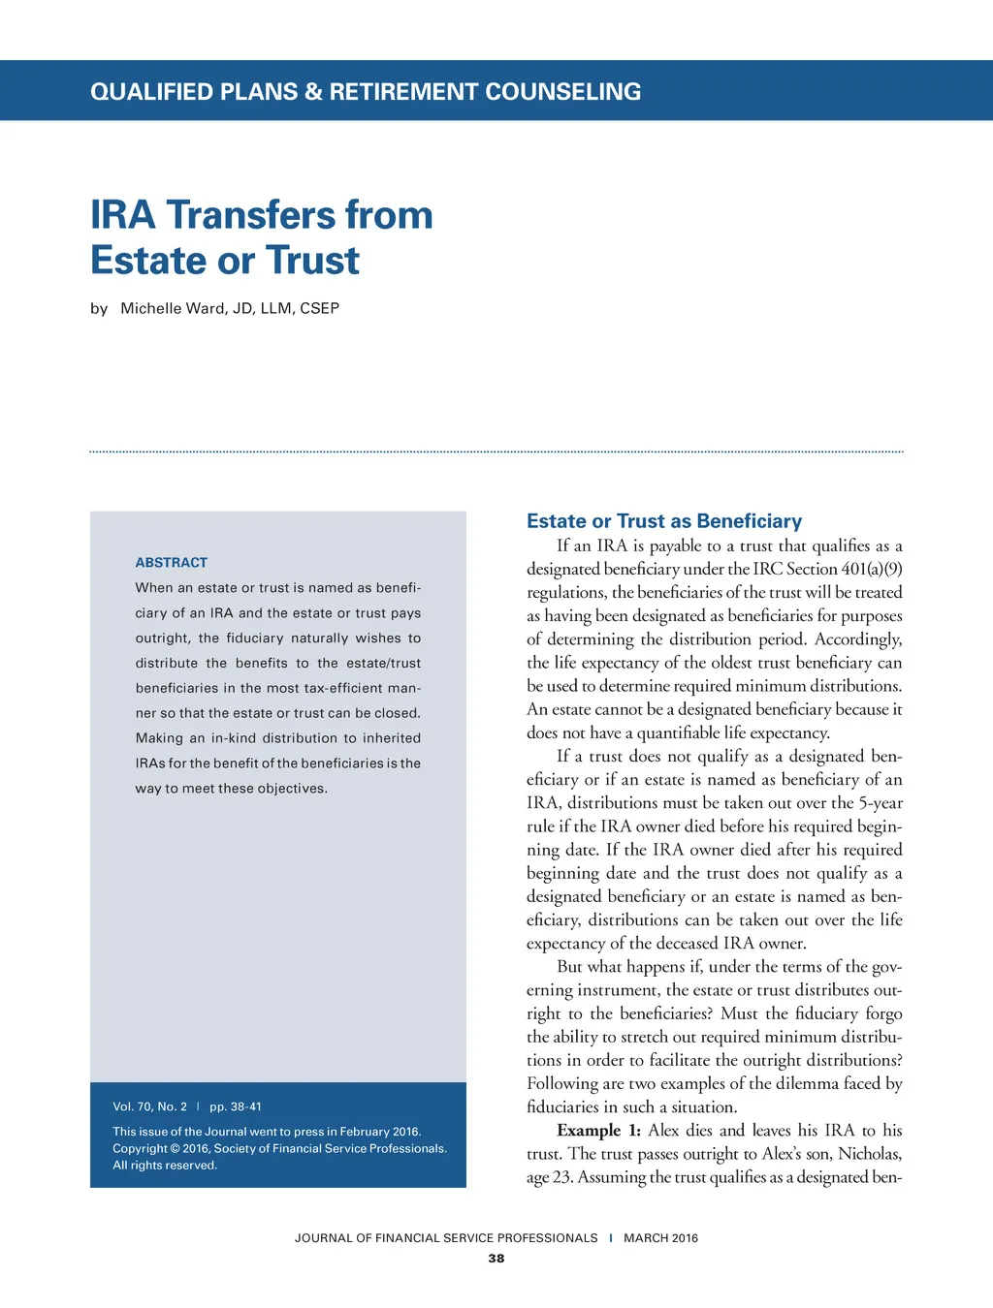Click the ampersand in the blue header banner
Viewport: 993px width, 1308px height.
click(312, 92)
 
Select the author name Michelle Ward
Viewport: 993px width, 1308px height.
click(172, 308)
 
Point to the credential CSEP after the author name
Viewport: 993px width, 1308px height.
click(319, 308)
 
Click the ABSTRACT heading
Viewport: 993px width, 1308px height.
click(172, 562)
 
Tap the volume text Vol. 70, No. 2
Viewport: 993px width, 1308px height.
click(149, 1106)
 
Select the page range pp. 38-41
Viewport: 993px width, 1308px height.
click(236, 1106)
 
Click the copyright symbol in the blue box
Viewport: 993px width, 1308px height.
click(175, 1149)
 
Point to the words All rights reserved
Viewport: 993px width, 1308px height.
click(165, 1166)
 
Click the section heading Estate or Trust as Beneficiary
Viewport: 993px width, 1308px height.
click(664, 521)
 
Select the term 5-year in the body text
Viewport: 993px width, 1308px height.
click(881, 802)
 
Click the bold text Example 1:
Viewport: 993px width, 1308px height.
click(598, 1131)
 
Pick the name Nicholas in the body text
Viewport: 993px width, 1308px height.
click(870, 1154)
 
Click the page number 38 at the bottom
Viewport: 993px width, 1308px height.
click(496, 1259)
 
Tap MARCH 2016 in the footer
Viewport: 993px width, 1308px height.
click(660, 1238)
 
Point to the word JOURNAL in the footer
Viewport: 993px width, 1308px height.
click(323, 1238)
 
